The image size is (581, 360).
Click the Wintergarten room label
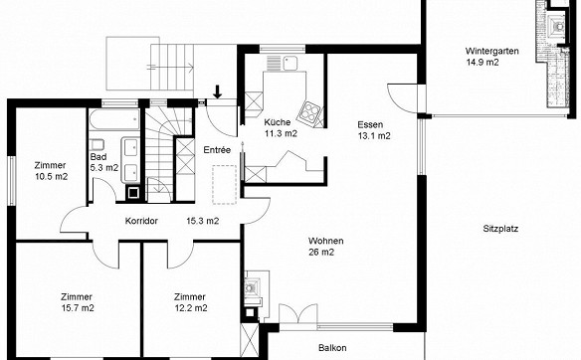491,51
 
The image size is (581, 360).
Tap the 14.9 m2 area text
483,62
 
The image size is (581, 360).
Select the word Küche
278,122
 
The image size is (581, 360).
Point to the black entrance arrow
218,91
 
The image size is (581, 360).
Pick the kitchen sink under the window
290,63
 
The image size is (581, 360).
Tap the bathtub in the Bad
114,118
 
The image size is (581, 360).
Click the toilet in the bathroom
97,144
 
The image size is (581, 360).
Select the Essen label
370,124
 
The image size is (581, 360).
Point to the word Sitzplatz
500,229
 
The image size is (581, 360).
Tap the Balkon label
332,348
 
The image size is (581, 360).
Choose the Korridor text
141,221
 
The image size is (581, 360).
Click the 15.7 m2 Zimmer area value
78,308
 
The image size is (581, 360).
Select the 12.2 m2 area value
191,308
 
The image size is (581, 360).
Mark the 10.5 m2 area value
52,177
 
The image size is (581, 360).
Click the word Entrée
217,150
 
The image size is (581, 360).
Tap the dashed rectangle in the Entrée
225,184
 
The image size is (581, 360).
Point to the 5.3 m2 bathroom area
104,168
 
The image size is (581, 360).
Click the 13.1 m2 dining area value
374,136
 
